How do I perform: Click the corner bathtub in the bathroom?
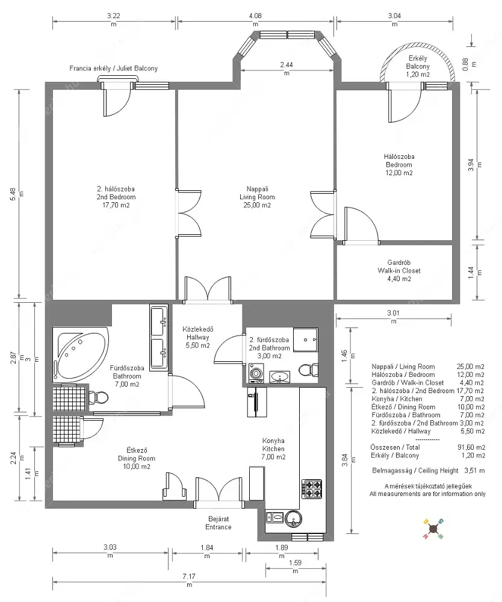81,355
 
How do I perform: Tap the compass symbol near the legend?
433,529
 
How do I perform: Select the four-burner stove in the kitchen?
311,488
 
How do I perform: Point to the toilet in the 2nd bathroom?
308,370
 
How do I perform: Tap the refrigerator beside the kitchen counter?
257,402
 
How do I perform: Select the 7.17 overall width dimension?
189,580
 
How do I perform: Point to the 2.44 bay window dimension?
287,69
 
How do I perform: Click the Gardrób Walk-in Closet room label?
398,271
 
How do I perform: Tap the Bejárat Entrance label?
218,523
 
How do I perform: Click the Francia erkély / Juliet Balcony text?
114,69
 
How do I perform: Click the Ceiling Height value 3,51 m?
474,470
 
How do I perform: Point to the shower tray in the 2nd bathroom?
306,340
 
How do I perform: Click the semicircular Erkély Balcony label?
418,66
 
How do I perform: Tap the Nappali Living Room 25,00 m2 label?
257,197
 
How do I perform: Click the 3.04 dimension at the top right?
394,20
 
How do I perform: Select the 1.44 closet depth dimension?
475,272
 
